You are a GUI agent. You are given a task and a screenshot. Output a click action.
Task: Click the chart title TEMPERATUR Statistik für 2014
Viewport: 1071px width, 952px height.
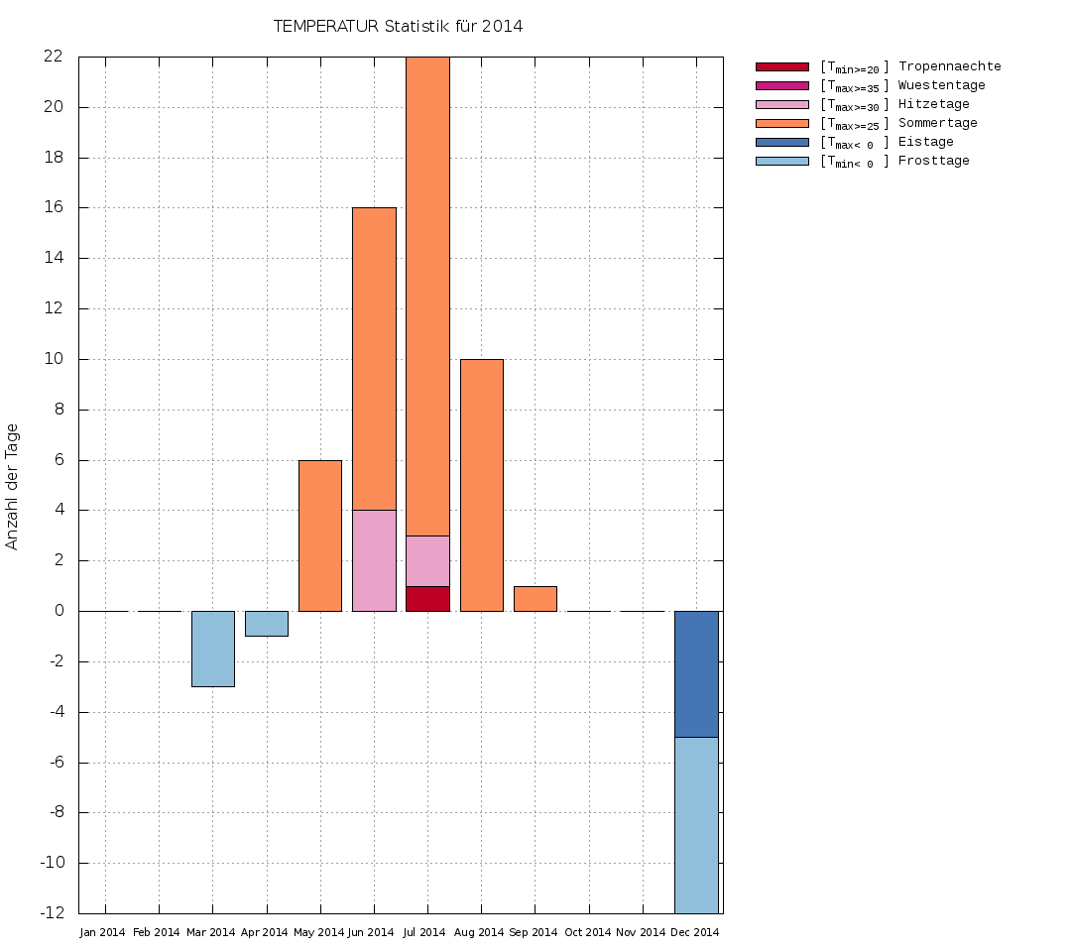click(x=398, y=27)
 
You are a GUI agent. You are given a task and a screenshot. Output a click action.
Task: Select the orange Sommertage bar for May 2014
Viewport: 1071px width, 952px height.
click(x=320, y=535)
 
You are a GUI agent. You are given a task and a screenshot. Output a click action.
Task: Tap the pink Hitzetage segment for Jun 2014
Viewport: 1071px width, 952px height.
click(x=374, y=560)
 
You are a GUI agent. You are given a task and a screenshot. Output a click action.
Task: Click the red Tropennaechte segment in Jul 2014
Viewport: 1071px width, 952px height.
click(x=427, y=599)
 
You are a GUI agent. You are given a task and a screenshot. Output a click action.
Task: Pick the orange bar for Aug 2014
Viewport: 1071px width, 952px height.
click(x=481, y=485)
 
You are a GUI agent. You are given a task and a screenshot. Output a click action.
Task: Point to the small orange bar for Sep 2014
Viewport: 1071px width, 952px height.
click(x=535, y=599)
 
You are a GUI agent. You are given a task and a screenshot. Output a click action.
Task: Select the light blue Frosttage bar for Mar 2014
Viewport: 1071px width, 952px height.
click(x=212, y=649)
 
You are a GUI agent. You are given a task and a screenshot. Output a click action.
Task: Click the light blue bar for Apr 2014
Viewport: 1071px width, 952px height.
click(x=266, y=624)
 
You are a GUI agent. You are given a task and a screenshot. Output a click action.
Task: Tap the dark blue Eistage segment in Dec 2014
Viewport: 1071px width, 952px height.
click(x=696, y=674)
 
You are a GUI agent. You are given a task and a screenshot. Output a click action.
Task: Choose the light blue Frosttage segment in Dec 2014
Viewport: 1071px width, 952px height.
click(x=696, y=825)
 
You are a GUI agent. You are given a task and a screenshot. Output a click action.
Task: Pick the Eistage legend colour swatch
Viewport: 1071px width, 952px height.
click(x=782, y=142)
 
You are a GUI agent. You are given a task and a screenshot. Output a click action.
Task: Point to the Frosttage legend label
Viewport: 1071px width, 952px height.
click(x=933, y=161)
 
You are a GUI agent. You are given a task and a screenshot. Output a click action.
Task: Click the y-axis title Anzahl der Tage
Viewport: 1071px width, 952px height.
click(x=13, y=486)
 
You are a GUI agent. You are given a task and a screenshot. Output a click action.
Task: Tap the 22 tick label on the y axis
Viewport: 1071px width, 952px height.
click(x=53, y=57)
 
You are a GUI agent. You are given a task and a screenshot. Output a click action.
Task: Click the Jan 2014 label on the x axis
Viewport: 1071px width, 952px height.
click(x=103, y=933)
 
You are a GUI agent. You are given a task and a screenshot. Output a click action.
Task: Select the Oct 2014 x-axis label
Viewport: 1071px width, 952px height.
click(x=588, y=933)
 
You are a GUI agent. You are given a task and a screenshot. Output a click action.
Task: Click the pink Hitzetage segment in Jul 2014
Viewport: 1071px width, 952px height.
click(x=427, y=561)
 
